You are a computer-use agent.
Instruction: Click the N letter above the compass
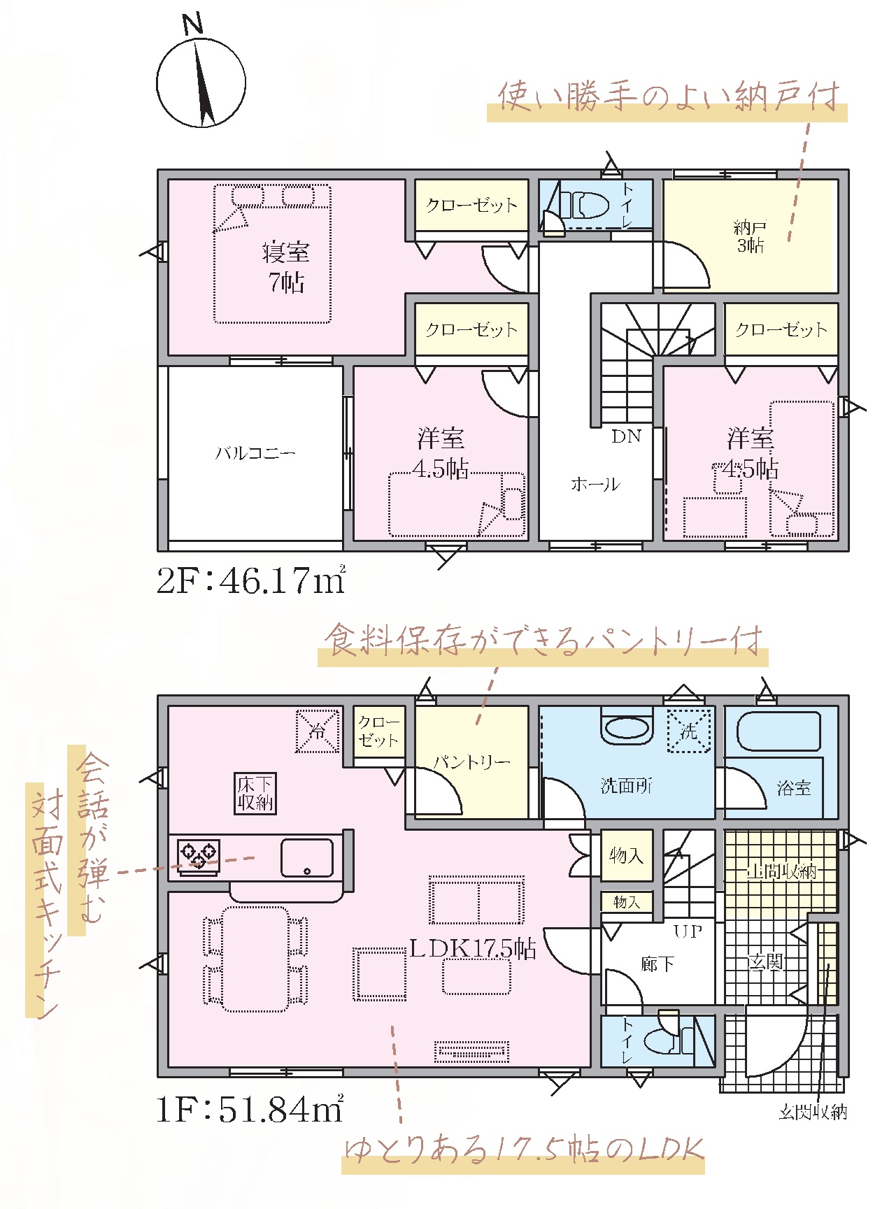pyautogui.click(x=192, y=25)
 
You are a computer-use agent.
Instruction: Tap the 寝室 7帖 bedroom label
pyautogui.click(x=286, y=266)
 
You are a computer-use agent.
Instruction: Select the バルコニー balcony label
pyautogui.click(x=255, y=453)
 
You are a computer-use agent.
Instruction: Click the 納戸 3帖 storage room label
pyautogui.click(x=750, y=236)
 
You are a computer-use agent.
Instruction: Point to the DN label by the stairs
pyautogui.click(x=626, y=436)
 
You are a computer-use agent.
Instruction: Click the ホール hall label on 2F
pyautogui.click(x=595, y=484)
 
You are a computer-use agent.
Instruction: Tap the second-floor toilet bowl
pyautogui.click(x=584, y=206)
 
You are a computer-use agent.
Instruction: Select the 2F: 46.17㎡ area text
pyautogui.click(x=251, y=580)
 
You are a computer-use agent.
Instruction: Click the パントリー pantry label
pyautogui.click(x=471, y=761)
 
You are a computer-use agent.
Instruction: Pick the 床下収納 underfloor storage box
pyautogui.click(x=255, y=794)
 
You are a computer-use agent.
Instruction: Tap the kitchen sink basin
pyautogui.click(x=307, y=857)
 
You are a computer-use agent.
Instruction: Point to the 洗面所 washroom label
pyautogui.click(x=627, y=786)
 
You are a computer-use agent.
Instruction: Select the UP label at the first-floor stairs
pyautogui.click(x=688, y=931)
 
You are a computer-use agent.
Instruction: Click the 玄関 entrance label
pyautogui.click(x=765, y=962)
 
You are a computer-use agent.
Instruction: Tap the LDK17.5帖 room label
pyautogui.click(x=473, y=948)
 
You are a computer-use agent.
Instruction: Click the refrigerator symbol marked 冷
pyautogui.click(x=318, y=731)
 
